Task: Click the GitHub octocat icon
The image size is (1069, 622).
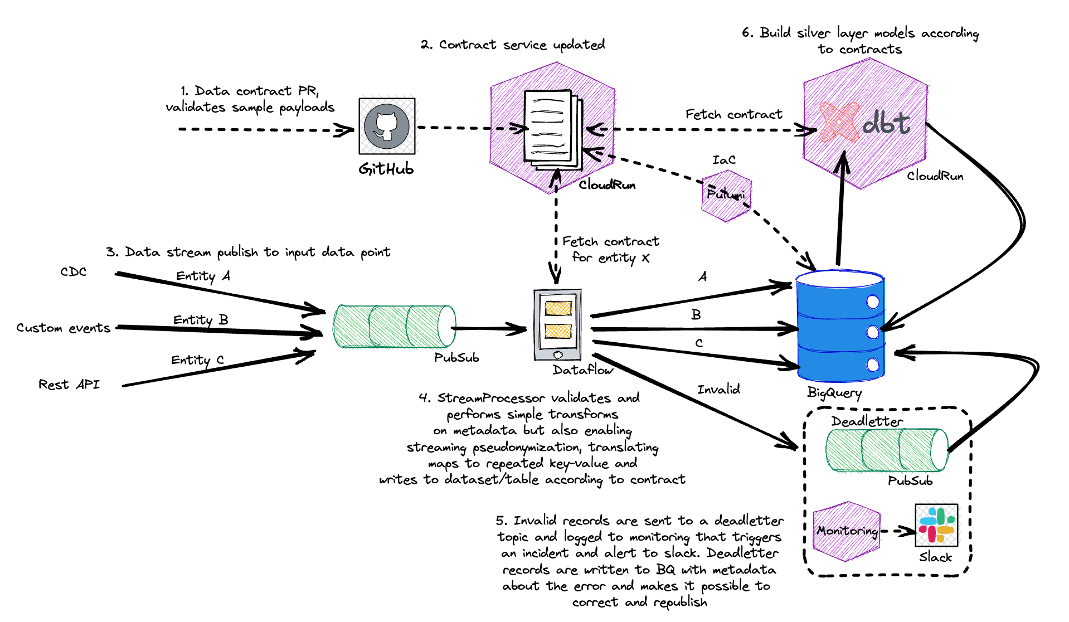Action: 387,127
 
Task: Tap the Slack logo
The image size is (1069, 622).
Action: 936,525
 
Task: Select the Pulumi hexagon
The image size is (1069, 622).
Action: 726,195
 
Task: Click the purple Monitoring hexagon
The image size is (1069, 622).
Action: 847,531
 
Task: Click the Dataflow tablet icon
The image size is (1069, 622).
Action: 557,324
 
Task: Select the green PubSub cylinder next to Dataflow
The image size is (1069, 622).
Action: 394,326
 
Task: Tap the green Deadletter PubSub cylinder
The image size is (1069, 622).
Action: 886,450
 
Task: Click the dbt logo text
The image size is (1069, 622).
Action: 886,123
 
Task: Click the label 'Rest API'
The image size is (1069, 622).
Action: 69,385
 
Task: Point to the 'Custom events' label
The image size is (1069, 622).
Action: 63,328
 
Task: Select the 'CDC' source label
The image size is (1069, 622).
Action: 74,272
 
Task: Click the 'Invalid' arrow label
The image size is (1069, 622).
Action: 718,390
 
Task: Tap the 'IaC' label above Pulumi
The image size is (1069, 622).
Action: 724,160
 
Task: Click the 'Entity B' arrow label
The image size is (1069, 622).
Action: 201,320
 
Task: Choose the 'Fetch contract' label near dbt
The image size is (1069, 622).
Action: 733,114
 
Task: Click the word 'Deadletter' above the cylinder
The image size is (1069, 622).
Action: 867,421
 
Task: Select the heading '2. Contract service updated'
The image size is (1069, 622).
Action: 512,45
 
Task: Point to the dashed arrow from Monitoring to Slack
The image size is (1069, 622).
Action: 898,531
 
